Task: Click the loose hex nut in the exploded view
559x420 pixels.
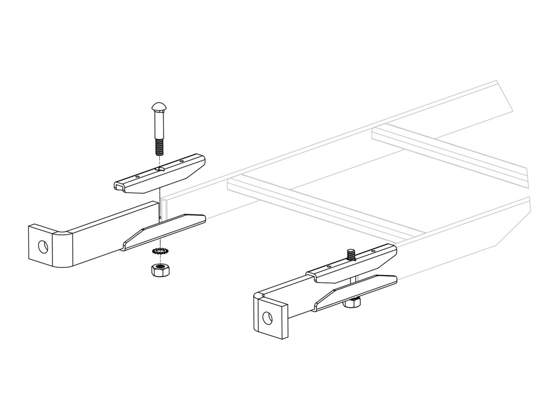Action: tap(160, 270)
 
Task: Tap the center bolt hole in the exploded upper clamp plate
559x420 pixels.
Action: tap(160, 168)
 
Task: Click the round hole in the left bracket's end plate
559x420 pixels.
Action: tap(42, 246)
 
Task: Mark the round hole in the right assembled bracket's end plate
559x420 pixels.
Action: tap(267, 318)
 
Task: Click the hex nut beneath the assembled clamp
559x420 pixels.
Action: tap(353, 303)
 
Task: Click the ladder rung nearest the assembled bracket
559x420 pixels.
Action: tap(317, 205)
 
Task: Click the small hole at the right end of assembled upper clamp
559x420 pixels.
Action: tap(373, 251)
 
